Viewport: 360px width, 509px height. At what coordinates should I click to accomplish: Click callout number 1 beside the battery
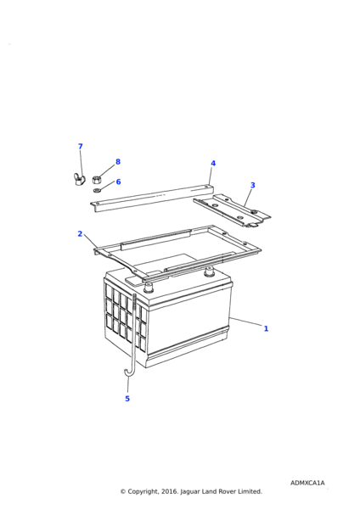click(x=266, y=328)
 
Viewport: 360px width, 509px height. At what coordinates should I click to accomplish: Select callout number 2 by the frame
click(x=80, y=234)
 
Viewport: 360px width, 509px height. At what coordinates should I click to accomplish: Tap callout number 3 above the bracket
click(x=253, y=185)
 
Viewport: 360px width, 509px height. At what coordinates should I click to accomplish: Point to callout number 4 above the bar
click(x=213, y=163)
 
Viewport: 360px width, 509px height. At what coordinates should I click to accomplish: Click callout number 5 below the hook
click(x=127, y=399)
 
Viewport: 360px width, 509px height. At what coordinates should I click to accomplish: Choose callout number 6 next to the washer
click(x=118, y=182)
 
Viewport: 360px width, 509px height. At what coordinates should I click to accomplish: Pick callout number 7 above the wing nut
click(x=81, y=147)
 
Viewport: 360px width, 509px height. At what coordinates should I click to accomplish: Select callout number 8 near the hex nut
click(x=118, y=162)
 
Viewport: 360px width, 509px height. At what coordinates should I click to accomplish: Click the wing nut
click(x=78, y=179)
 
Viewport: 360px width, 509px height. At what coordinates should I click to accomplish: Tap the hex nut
click(x=97, y=179)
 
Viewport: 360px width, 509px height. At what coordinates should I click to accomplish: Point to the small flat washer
click(x=97, y=190)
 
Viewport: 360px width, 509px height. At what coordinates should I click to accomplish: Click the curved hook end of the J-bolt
click(x=127, y=373)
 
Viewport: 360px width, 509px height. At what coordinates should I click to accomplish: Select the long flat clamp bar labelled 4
click(x=152, y=199)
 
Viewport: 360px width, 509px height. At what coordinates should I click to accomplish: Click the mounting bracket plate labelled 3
click(x=233, y=210)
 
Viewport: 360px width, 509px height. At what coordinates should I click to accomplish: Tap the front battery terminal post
click(x=149, y=288)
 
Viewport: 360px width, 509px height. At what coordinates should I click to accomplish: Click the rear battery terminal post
click(x=209, y=271)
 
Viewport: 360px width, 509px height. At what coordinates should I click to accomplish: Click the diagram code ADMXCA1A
click(x=307, y=483)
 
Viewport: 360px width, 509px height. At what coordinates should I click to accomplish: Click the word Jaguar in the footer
click(x=190, y=492)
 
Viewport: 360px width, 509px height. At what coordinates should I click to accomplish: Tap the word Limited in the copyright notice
click(x=250, y=492)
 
